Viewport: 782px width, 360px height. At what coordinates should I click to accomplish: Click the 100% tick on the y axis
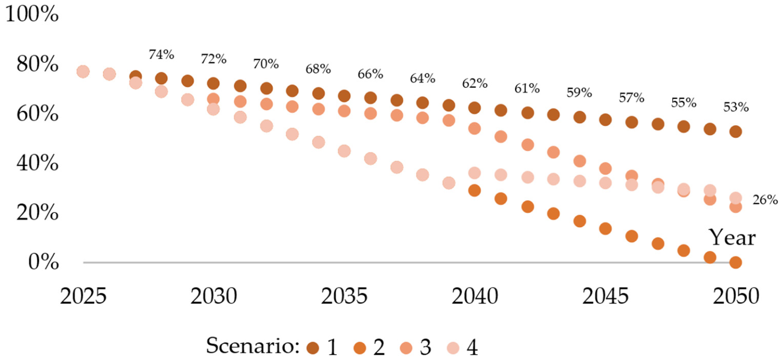pos(32,15)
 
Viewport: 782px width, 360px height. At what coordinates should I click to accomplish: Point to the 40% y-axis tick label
pos(37,163)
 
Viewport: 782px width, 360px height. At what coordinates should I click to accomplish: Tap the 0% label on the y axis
pos(43,262)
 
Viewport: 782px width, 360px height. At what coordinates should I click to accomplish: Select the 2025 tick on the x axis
pos(83,297)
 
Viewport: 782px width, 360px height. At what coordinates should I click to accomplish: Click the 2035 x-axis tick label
pos(344,297)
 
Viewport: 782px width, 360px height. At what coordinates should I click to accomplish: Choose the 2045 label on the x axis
pos(605,297)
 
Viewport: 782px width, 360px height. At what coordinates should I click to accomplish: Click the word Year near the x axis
pos(732,238)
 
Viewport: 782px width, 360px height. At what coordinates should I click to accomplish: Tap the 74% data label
pos(161,54)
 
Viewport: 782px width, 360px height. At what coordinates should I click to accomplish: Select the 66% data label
pos(370,74)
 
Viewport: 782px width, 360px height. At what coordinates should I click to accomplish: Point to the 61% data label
pos(527,89)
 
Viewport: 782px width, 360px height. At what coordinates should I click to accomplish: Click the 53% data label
pos(736,107)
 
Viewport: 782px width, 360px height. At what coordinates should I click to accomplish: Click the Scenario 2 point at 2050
pos(736,262)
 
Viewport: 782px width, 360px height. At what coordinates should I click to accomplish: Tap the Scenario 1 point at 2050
pos(736,132)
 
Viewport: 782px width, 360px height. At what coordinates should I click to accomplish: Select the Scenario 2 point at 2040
pos(475,190)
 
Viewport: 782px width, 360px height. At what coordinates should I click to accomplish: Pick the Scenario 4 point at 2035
pos(344,151)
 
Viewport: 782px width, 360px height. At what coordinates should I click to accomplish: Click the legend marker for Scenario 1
pos(313,348)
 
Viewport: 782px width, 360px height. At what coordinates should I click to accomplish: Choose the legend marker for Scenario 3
pos(406,348)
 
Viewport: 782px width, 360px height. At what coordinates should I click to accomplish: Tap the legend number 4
pos(473,347)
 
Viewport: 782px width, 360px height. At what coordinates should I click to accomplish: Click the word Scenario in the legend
pos(252,346)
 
